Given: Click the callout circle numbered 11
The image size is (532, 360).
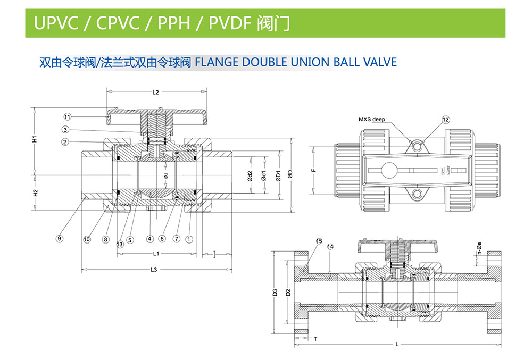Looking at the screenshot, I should pos(68,116).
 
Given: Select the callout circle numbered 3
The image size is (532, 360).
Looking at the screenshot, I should pos(65,129).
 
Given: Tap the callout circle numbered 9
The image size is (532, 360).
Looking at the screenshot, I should pos(60,239).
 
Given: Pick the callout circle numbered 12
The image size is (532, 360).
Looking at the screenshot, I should pos(446,120).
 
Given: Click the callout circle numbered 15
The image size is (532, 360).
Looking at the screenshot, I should pos(319,241).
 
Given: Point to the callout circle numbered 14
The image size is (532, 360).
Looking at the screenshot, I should pos(330,247).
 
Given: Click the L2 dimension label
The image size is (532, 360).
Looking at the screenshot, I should pos(155,93).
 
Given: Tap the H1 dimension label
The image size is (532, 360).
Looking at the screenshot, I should pos(34,139).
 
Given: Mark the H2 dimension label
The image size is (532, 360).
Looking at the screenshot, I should pos(35,194).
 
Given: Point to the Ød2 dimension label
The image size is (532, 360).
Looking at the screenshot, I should pos(250,177).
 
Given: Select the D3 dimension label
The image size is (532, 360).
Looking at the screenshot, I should pos(275,292).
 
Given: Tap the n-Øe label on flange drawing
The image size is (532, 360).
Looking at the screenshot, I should pos(479,250).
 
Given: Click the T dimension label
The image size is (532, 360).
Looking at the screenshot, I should pos(315,338).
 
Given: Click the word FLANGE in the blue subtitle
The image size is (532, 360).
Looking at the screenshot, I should pos(217,62).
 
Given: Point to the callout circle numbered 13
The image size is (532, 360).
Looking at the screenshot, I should pos(120,244).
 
